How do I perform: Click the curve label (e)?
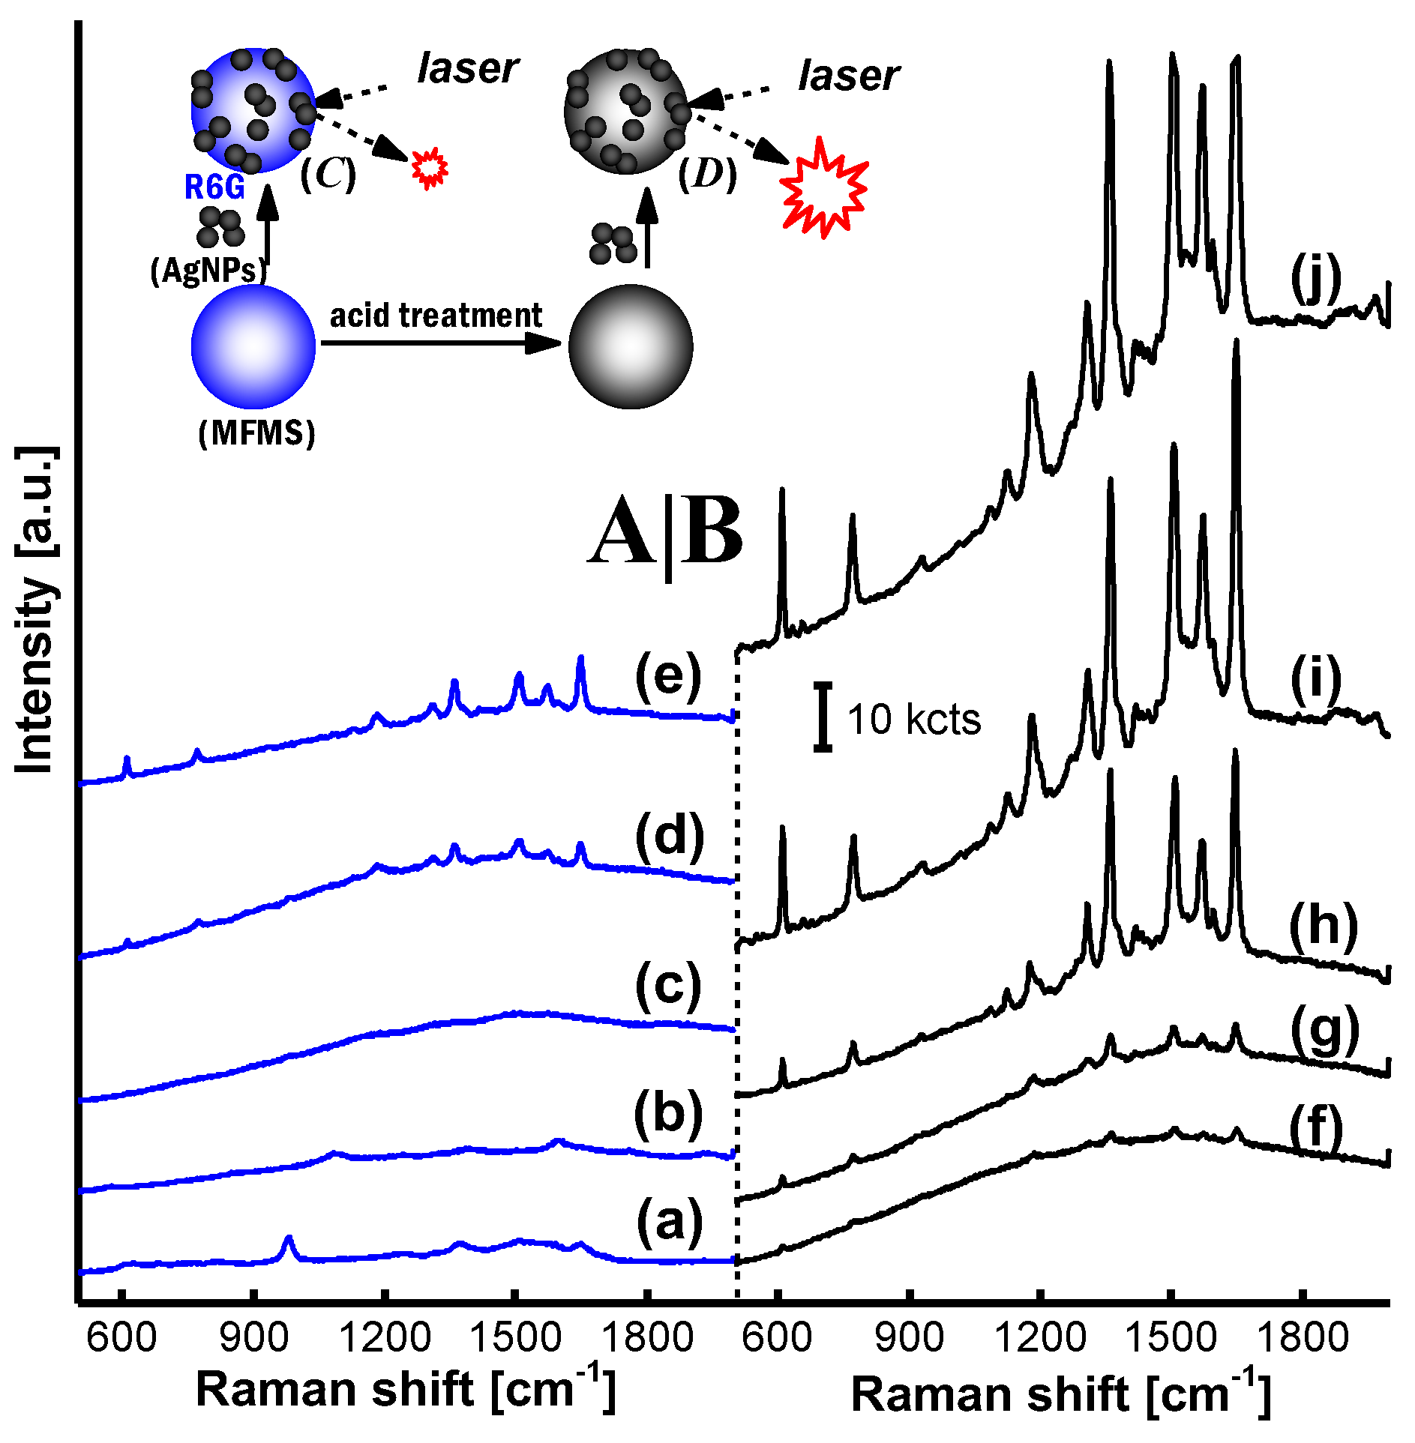tap(667, 677)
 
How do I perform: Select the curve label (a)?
tap(669, 1221)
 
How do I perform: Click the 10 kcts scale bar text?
tap(913, 720)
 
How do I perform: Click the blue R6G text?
tap(214, 187)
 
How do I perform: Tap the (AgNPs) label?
tap(208, 271)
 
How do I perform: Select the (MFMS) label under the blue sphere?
tap(256, 433)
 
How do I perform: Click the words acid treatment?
tap(436, 316)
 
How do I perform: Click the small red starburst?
tap(430, 167)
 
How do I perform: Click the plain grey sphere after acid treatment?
tap(630, 346)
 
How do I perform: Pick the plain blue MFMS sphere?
tap(253, 346)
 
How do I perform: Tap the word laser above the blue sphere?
tap(468, 69)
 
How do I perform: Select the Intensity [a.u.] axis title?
tap(36, 609)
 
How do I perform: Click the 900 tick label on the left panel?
tap(254, 1337)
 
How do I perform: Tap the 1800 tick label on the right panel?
tap(1303, 1337)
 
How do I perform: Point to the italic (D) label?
tap(707, 175)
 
